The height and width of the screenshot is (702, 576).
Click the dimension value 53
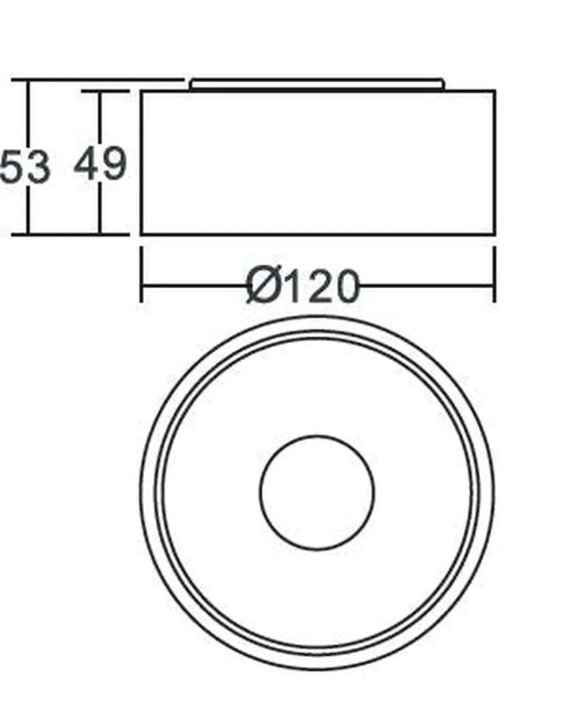(x=25, y=166)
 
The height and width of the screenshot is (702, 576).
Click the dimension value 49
(x=100, y=163)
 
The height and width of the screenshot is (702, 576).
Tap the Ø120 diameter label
(x=302, y=287)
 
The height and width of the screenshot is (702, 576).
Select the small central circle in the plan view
(x=317, y=492)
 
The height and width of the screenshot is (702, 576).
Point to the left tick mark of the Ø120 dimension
(x=142, y=274)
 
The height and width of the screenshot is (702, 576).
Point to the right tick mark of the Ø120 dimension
(x=494, y=274)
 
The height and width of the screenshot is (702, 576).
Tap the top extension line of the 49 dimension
(x=105, y=91)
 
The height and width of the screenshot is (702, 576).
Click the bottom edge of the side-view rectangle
(x=318, y=234)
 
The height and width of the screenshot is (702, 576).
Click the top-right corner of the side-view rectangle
(x=495, y=91)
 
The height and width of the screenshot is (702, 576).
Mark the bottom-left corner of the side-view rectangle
(x=142, y=234)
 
